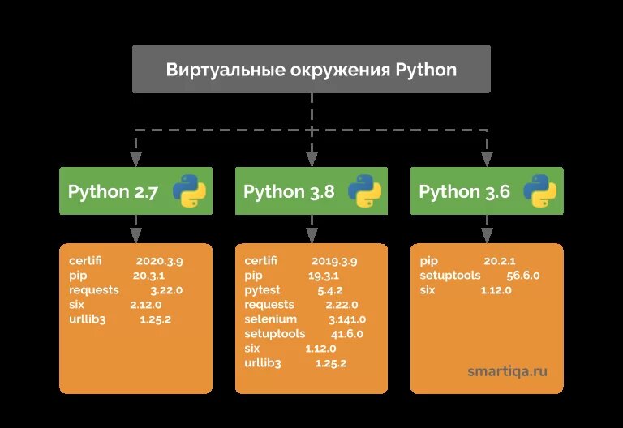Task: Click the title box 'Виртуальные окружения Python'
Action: pos(311,69)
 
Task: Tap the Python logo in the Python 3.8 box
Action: pos(364,191)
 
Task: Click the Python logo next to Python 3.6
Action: pos(539,191)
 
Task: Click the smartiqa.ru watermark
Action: pos(507,371)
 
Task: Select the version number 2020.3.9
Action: pos(160,262)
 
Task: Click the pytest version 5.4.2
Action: pos(331,290)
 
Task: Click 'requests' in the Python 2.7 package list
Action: pos(94,290)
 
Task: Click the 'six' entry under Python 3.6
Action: pos(428,290)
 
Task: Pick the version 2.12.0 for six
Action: pos(146,305)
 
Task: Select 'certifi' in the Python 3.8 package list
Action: pos(260,262)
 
